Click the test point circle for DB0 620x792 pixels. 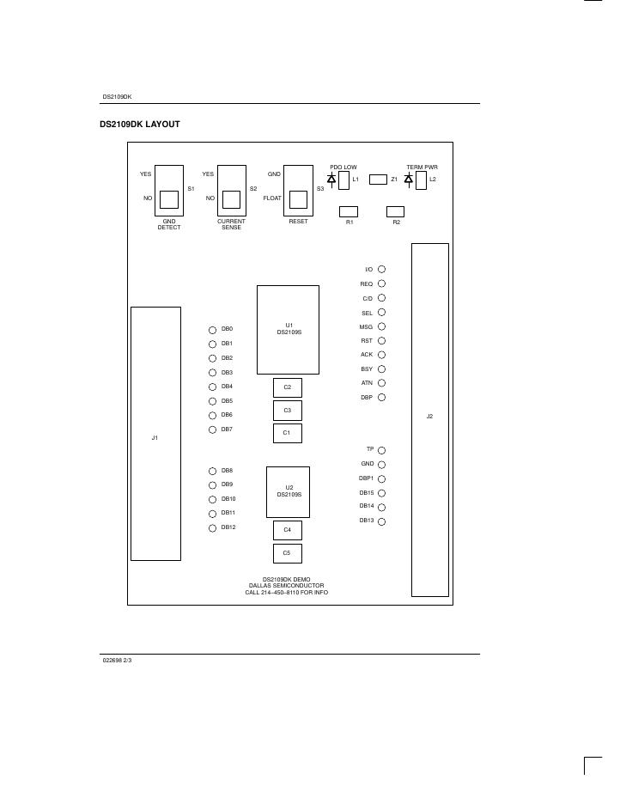pyautogui.click(x=212, y=330)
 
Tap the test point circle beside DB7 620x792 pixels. pyautogui.click(x=212, y=430)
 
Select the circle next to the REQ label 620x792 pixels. pyautogui.click(x=381, y=283)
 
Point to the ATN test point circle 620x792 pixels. pyautogui.click(x=381, y=383)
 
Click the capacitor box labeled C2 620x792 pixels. pyautogui.click(x=287, y=387)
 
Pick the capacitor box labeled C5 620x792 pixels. pyautogui.click(x=287, y=553)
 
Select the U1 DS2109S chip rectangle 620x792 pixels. pyautogui.click(x=288, y=330)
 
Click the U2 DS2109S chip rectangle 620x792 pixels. pyautogui.click(x=288, y=492)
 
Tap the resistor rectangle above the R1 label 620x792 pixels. pyautogui.click(x=349, y=211)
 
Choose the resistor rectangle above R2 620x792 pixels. pyautogui.click(x=396, y=211)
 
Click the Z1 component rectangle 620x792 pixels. pyautogui.click(x=378, y=180)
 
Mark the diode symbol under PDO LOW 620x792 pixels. pyautogui.click(x=331, y=179)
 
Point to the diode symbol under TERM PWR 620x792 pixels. pyautogui.click(x=409, y=179)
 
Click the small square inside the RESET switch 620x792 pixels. pyautogui.click(x=298, y=199)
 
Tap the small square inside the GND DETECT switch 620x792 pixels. pyautogui.click(x=169, y=199)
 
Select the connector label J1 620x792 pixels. pyautogui.click(x=155, y=438)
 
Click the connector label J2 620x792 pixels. pyautogui.click(x=429, y=417)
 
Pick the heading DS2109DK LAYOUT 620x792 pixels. pyautogui.click(x=140, y=125)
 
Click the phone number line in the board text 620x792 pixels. pyautogui.click(x=286, y=592)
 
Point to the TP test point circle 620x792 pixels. pyautogui.click(x=381, y=450)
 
